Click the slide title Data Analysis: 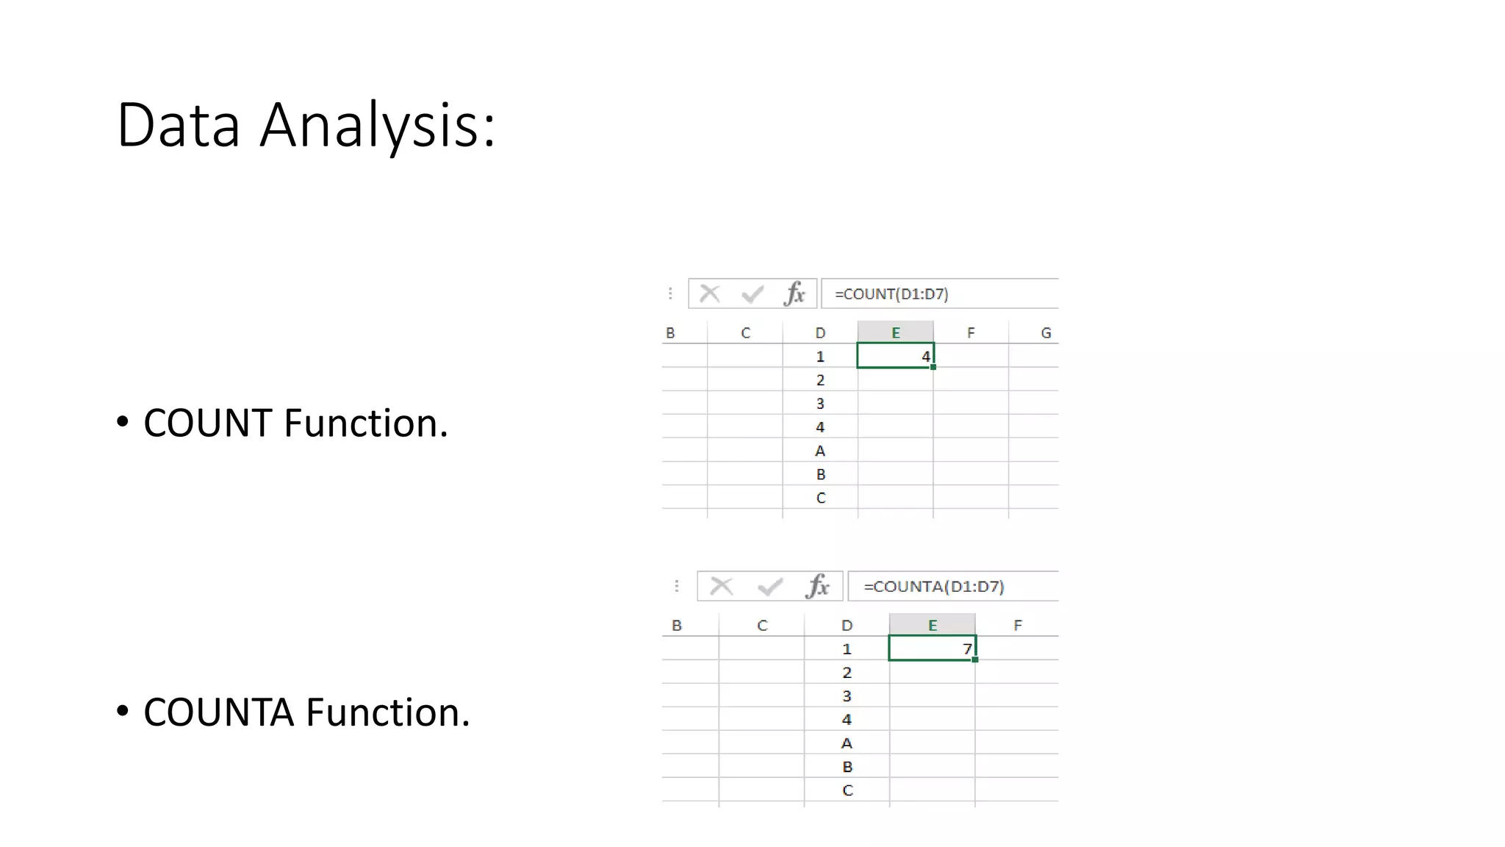coord(306,125)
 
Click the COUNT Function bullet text coord(295,423)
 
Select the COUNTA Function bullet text coord(306,712)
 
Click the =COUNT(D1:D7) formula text coord(891,294)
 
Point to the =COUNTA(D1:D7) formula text coord(933,587)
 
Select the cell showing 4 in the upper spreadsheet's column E coord(895,357)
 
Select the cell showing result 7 coord(932,648)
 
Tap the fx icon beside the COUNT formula coord(794,294)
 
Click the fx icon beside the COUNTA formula coord(817,587)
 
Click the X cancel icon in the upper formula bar coord(710,294)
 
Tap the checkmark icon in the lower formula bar coord(770,587)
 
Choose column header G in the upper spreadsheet coord(1046,333)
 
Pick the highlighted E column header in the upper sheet coord(895,333)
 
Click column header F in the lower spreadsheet coord(1017,626)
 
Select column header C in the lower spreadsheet coord(762,626)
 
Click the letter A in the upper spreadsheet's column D coord(820,451)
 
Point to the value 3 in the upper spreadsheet coord(820,404)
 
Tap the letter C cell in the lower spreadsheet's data coord(847,790)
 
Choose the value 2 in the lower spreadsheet coord(847,673)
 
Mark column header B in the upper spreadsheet coord(670,333)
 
